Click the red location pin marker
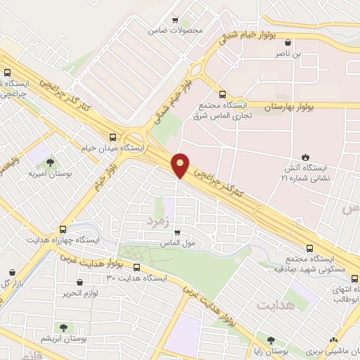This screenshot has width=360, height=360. tap(181, 165)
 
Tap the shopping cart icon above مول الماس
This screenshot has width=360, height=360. tap(177, 232)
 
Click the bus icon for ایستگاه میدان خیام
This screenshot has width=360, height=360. tap(113, 137)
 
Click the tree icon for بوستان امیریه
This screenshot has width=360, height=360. tap(47, 161)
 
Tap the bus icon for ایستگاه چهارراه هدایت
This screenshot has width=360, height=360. tap(63, 229)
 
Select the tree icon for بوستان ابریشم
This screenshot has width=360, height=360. tap(64, 327)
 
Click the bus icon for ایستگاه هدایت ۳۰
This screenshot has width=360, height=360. tap(137, 267)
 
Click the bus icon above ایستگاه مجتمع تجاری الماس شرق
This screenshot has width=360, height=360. tap(223, 94)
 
